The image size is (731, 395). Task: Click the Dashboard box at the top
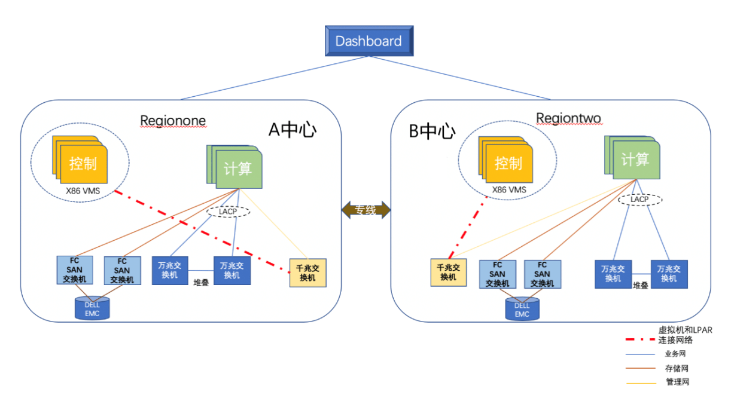click(368, 41)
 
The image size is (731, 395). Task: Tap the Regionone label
click(173, 121)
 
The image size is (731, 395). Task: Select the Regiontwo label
click(568, 118)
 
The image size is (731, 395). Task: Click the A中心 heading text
click(292, 130)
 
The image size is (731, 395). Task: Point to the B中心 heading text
click(432, 131)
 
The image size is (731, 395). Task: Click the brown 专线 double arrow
click(365, 210)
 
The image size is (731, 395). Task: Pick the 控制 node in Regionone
click(83, 163)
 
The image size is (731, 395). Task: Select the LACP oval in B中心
click(639, 199)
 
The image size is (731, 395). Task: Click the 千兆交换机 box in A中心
click(307, 273)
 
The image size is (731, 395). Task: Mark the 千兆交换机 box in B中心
click(448, 272)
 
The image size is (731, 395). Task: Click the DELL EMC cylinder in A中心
click(92, 309)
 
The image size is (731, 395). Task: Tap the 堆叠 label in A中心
click(201, 283)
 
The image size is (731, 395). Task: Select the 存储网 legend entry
click(677, 369)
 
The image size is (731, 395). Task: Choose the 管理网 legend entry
click(677, 382)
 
